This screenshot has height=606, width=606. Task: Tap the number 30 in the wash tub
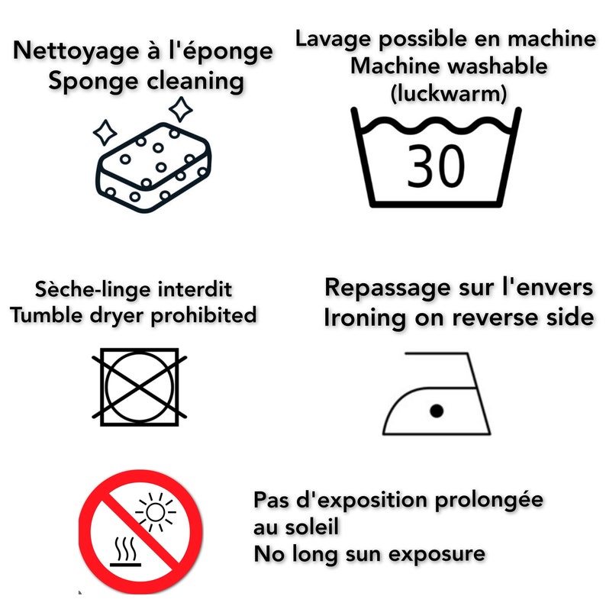(x=435, y=166)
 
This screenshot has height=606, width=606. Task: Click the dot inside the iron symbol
(x=436, y=411)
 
